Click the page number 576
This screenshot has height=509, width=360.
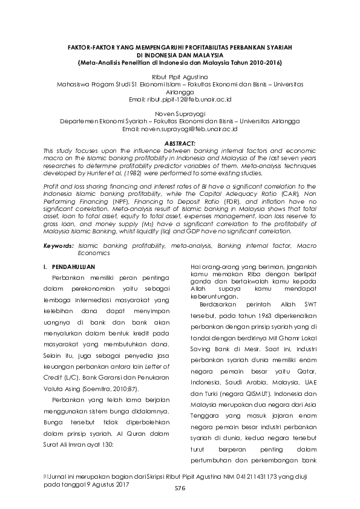[x=179, y=488]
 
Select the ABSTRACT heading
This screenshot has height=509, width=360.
[x=180, y=142]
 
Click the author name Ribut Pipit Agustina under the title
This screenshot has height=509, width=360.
[x=180, y=77]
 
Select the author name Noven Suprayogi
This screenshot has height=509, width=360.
[x=180, y=113]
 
